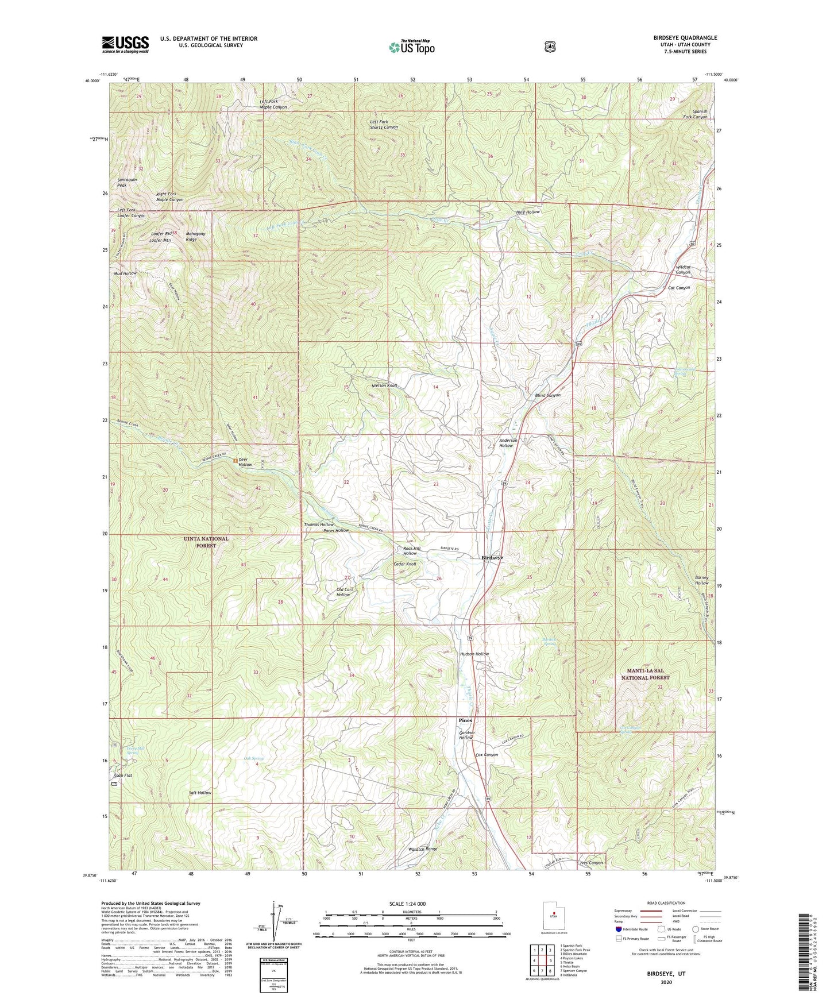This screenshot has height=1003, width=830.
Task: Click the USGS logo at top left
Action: click(x=125, y=44)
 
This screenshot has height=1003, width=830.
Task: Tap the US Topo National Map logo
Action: click(x=411, y=47)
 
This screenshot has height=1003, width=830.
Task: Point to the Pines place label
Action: click(x=465, y=720)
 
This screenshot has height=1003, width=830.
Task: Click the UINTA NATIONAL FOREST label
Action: click(x=206, y=542)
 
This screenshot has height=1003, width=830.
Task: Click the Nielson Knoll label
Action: click(x=384, y=385)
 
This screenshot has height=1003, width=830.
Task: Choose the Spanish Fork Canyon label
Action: click(x=700, y=114)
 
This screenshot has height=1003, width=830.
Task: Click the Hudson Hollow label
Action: click(x=474, y=654)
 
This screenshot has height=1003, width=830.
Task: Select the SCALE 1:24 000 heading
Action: click(x=407, y=904)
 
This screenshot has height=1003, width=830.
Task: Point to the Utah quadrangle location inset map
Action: click(x=554, y=915)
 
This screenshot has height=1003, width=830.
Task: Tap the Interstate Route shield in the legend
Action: click(x=618, y=929)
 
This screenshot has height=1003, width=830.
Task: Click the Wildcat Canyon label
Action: click(x=683, y=269)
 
